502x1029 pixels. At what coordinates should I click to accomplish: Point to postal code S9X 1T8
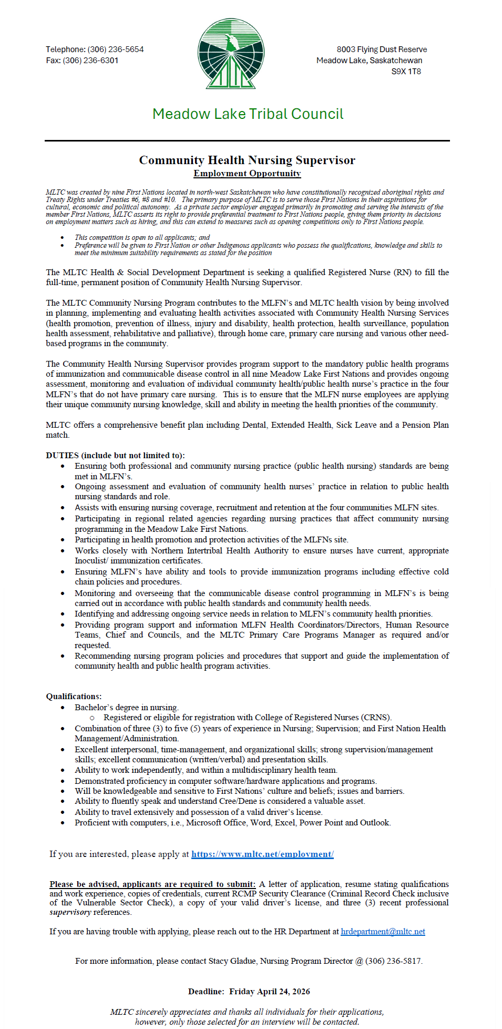tap(406, 72)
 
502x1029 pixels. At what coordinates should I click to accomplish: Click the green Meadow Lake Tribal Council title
tap(248, 114)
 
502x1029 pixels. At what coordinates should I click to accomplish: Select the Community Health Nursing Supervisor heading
tap(247, 160)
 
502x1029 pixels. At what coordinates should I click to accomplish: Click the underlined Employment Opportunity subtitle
tap(247, 174)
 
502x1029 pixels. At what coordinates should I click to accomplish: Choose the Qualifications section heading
tap(74, 697)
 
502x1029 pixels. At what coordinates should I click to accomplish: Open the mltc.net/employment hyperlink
tap(262, 854)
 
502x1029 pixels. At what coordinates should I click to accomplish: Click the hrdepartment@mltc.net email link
tap(383, 932)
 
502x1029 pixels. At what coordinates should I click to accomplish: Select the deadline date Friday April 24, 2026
tap(270, 992)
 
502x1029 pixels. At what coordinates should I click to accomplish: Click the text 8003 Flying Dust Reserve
tap(382, 49)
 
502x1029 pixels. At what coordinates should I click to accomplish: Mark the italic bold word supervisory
tap(70, 912)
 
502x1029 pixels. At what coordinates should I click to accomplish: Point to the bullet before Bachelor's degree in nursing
tap(63, 708)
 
